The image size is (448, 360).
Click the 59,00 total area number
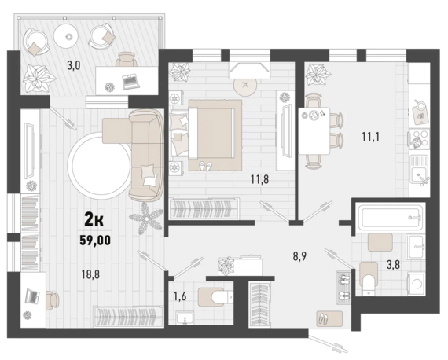pos(95,240)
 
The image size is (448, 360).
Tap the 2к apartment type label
pos(94,220)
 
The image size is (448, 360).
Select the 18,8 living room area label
pos(90,275)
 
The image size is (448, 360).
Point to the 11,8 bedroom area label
pos(259,179)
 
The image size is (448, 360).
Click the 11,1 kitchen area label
pos(371,137)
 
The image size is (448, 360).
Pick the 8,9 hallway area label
pos(299,256)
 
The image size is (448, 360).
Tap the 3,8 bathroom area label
pos(394,265)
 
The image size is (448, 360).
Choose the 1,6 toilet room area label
pos(180,296)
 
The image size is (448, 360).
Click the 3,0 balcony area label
pos(74,65)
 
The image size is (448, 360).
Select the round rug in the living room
pos(98,167)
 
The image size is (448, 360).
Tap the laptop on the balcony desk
pos(130,81)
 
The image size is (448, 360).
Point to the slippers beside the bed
pos(206,166)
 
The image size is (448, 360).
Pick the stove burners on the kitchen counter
pos(420,139)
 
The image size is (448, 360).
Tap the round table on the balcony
pos(68,36)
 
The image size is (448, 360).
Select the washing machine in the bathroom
pos(416,284)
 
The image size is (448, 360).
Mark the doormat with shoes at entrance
pos(329,318)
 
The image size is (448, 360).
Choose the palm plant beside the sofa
pos(146,219)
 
